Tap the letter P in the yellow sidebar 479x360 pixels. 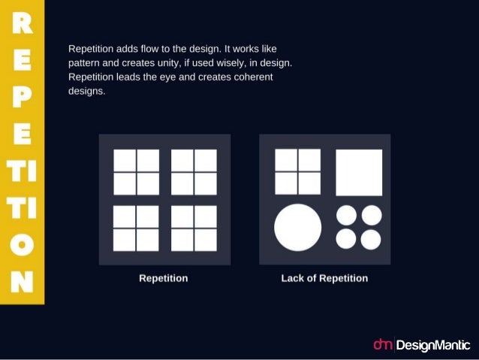pos(23,96)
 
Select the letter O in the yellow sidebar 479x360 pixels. pos(23,246)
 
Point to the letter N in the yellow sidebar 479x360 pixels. pos(23,282)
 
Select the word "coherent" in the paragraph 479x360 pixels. pos(251,77)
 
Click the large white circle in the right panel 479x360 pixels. pos(297,227)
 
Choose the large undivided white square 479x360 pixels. pos(358,172)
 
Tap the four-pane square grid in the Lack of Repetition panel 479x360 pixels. pos(297,172)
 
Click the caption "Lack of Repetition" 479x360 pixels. pos(324,278)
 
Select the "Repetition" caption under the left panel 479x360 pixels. pos(164,278)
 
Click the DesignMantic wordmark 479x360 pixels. pos(432,345)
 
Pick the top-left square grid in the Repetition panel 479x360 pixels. pos(136,172)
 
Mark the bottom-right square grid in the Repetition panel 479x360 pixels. pos(194,228)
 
